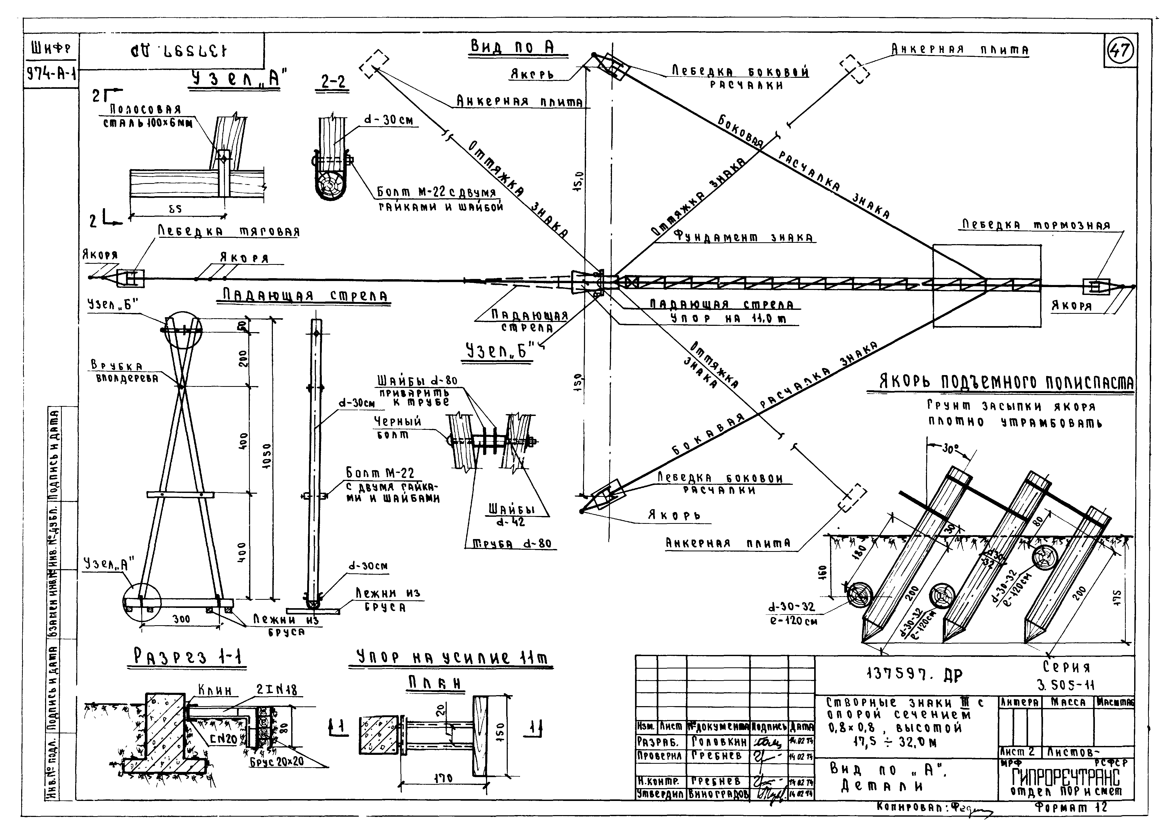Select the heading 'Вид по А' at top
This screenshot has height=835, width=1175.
(x=512, y=47)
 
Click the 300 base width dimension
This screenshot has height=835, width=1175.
(x=181, y=619)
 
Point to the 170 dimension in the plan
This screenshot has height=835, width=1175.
(x=443, y=778)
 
